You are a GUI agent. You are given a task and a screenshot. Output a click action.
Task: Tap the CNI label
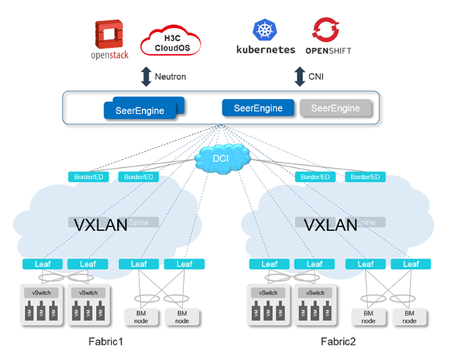[x=318, y=76]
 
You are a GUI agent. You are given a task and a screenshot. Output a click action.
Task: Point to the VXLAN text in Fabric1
[x=101, y=223]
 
